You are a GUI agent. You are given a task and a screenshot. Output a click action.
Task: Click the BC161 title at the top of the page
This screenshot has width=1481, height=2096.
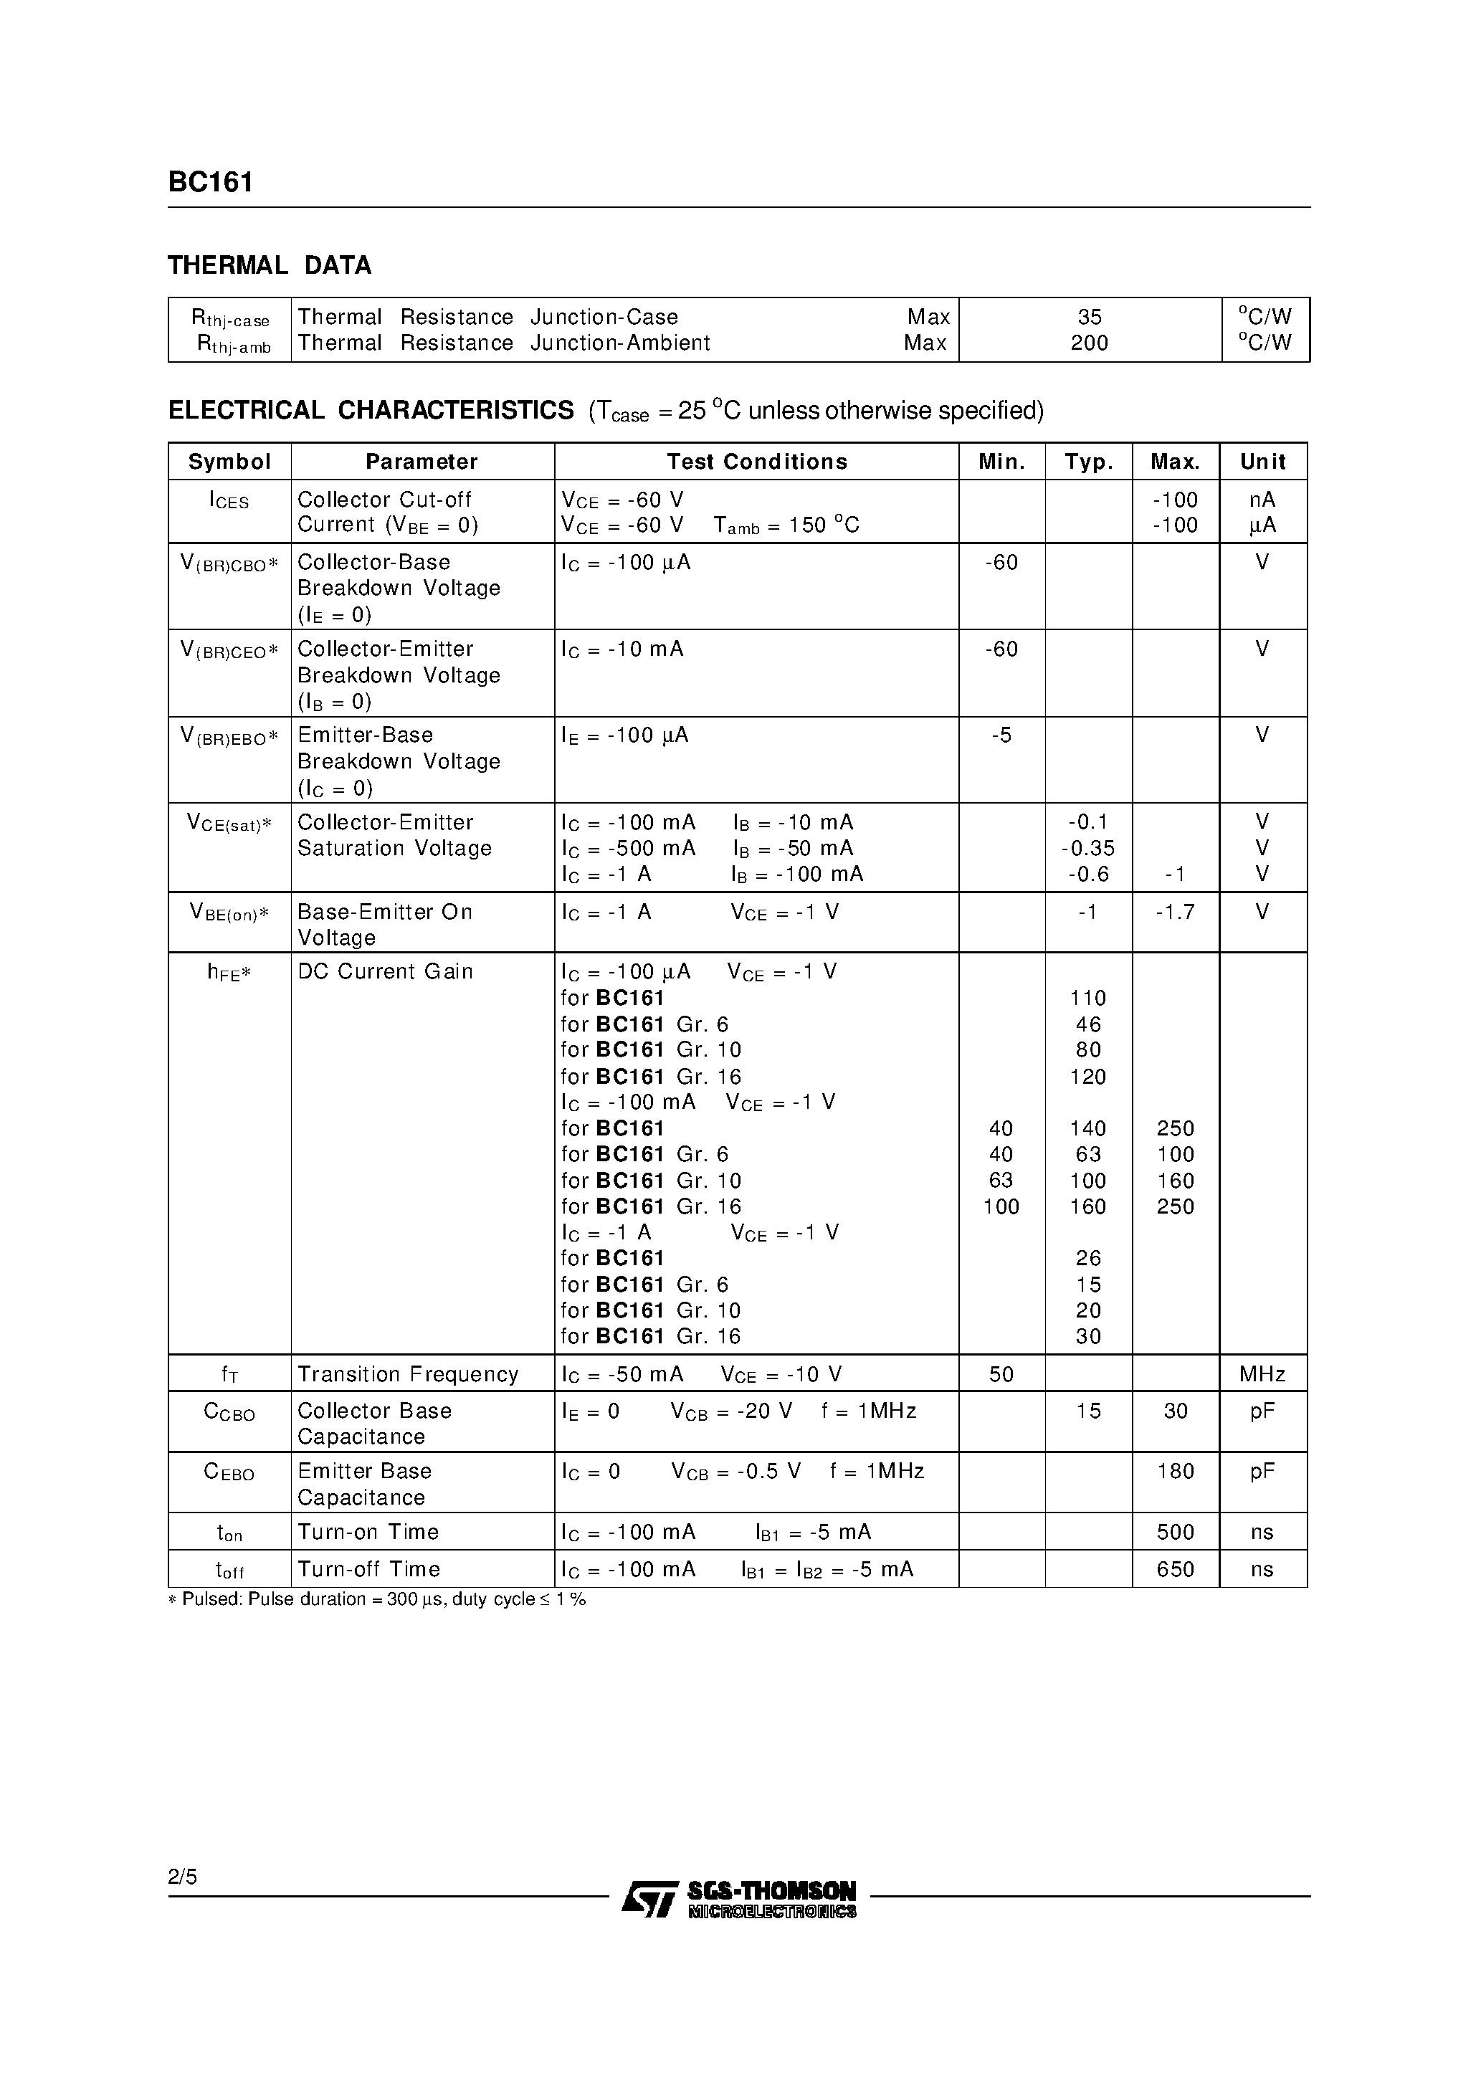coord(210,183)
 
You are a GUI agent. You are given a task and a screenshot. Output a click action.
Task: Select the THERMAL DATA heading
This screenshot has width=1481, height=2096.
coord(270,266)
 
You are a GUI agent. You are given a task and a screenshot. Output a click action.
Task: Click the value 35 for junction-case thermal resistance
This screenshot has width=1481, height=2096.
coord(1090,317)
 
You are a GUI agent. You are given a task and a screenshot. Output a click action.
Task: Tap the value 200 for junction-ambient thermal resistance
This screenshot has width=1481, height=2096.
coord(1090,343)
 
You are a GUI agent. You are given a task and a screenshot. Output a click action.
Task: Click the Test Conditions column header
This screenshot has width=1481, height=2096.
coord(756,462)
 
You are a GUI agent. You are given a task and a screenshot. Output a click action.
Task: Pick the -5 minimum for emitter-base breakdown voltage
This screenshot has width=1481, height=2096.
coord(1001,735)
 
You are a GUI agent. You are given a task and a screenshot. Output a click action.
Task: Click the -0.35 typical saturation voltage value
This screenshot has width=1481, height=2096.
coord(1087,848)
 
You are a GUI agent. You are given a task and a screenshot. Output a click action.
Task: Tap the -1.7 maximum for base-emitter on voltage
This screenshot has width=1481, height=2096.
coord(1174,912)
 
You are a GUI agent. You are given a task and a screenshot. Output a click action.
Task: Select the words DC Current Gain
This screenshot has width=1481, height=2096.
coord(386,971)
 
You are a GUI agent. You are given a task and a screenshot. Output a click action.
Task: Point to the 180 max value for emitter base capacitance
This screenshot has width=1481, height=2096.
coord(1175,1471)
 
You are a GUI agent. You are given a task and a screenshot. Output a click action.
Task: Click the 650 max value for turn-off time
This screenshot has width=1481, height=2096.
coord(1175,1569)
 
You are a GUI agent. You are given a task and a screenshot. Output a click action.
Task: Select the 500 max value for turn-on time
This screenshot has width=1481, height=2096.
coord(1175,1532)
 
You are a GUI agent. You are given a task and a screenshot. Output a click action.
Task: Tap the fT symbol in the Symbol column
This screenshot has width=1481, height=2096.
coord(229,1375)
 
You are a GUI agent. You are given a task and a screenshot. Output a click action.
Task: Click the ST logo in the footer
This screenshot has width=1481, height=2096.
coord(648,1898)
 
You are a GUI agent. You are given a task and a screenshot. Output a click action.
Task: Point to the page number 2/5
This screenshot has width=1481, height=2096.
coord(183,1877)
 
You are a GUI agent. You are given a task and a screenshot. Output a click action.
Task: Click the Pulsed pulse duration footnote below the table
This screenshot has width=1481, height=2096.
coord(376,1599)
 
